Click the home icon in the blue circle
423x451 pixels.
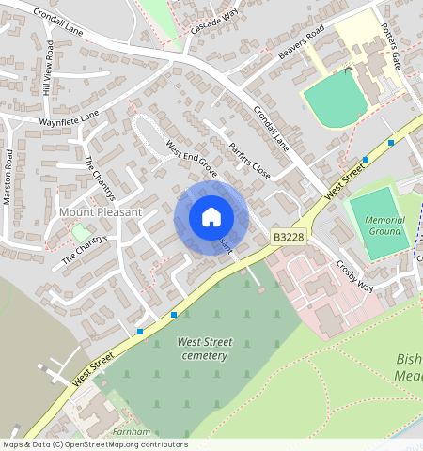click(211, 217)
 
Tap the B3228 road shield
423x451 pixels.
click(289, 239)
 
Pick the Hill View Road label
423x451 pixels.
click(49, 74)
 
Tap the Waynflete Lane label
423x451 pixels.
click(69, 119)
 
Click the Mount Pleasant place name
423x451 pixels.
click(101, 212)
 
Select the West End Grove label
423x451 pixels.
click(192, 159)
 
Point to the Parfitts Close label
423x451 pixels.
click(249, 161)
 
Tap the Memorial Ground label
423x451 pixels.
click(384, 225)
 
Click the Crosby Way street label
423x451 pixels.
click(354, 276)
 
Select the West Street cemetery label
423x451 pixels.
click(204, 349)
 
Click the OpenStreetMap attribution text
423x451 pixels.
click(94, 444)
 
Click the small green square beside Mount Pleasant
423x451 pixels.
click(82, 231)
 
